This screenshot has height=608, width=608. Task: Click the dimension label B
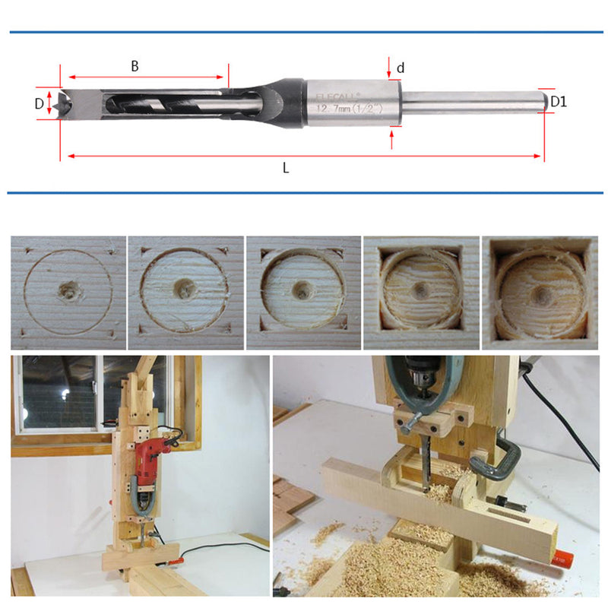pos(135,66)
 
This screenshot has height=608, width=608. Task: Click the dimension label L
pos(286,169)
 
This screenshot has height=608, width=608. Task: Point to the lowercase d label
pos(401,68)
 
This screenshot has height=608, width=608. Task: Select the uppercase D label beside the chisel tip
pos(39,104)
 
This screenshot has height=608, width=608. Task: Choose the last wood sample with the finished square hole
pos(540,290)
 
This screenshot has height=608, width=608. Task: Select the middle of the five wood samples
pos(303,290)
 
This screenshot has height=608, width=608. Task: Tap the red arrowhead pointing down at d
pos(389,74)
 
